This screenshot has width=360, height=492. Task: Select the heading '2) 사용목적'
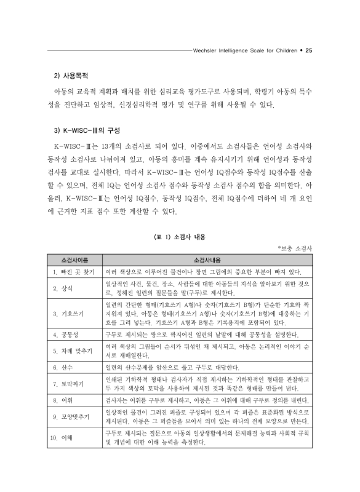click(x=71, y=77)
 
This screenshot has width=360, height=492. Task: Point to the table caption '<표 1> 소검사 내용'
click(x=180, y=235)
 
